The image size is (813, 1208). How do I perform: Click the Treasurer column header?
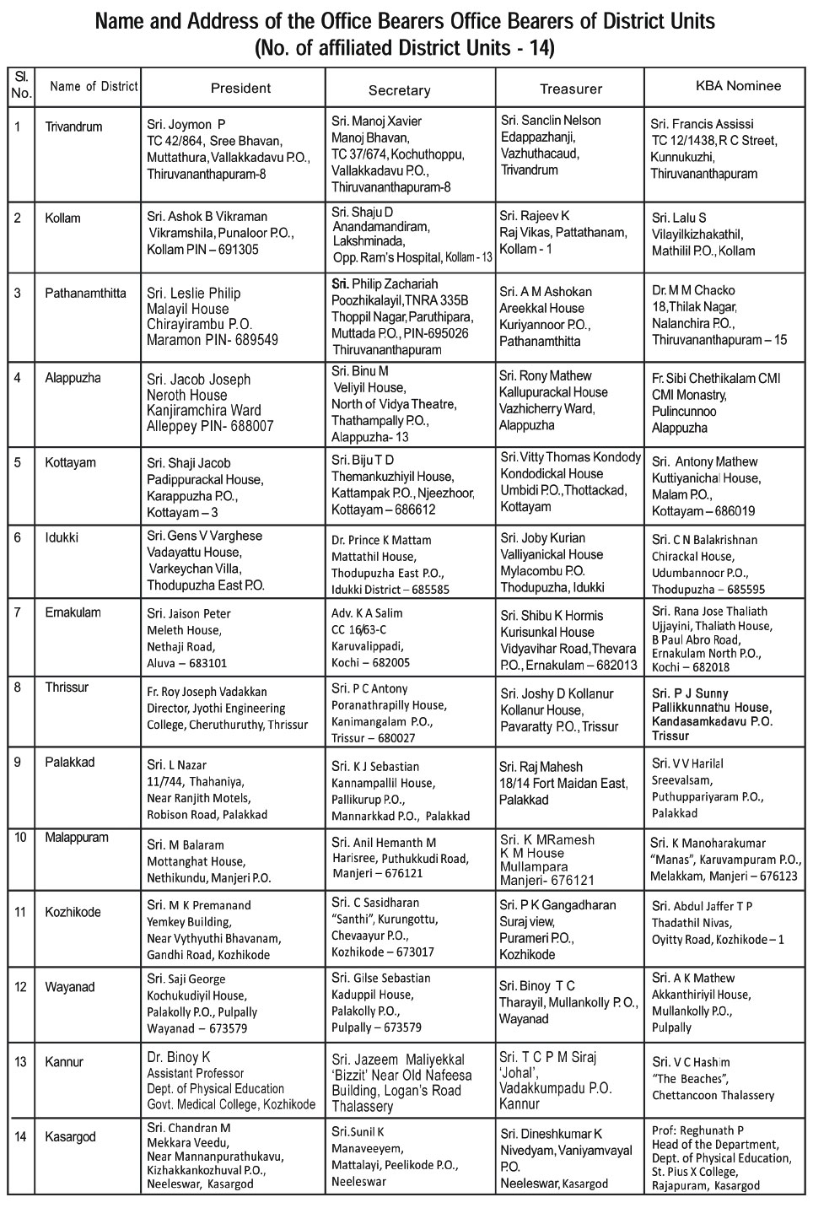point(571,89)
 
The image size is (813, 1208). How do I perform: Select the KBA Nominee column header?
point(738,86)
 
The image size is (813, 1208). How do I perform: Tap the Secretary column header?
point(399,90)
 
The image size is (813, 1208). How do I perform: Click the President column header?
point(240,88)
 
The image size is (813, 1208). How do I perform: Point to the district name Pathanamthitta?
point(85,294)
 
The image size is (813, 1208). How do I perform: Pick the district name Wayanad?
point(69,987)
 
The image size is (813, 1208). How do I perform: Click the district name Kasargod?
point(70,1137)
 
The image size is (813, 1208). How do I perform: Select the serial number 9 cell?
point(18,763)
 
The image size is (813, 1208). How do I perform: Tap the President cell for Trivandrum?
point(228,149)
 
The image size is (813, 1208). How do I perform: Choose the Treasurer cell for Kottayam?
point(570,482)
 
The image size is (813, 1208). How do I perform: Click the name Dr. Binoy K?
point(178,1057)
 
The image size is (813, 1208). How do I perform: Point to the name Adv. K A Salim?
point(367,613)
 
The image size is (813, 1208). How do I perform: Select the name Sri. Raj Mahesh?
point(541,767)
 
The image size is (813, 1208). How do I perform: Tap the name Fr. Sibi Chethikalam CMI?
point(716,379)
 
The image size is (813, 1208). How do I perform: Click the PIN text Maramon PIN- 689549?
point(213,341)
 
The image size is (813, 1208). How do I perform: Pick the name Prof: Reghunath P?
point(697,1130)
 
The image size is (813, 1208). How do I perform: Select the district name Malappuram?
point(77,838)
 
